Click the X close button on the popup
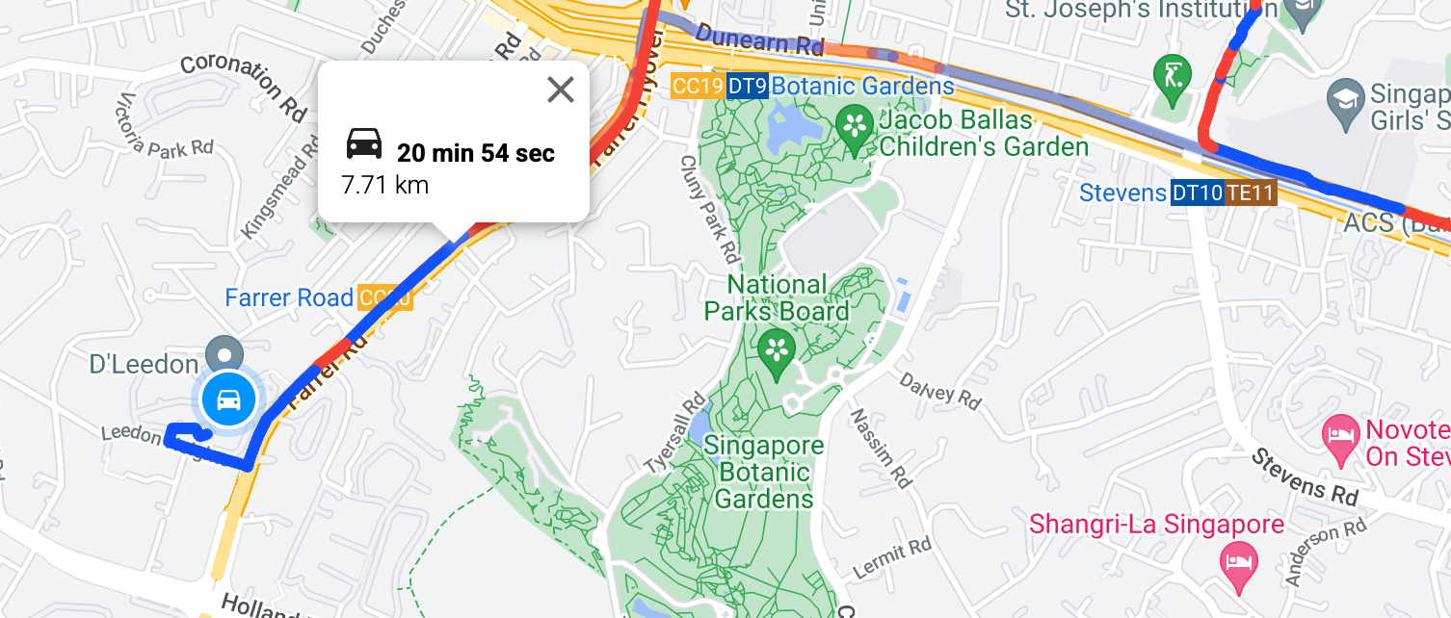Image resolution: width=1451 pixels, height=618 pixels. pos(560,90)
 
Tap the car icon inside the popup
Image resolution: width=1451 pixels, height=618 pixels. pos(364,144)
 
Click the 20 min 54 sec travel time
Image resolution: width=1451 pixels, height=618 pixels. pos(476,152)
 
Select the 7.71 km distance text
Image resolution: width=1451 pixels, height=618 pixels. pos(384,184)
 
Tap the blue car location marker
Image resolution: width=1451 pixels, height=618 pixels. pos(228,399)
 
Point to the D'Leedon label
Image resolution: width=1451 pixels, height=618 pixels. pos(144,365)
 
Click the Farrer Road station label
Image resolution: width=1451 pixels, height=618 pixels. pos(289,297)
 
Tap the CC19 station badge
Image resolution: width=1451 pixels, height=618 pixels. pos(698,87)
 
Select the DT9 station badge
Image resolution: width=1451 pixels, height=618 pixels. pos(747,87)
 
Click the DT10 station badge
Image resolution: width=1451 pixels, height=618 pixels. pos(1197,193)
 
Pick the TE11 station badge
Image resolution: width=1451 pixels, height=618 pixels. pos(1251,193)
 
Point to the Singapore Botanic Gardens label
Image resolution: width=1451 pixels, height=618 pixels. pos(764,472)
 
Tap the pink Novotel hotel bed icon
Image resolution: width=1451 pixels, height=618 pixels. pos(1340,431)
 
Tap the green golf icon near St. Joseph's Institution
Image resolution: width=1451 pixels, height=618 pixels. pos(1173,74)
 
